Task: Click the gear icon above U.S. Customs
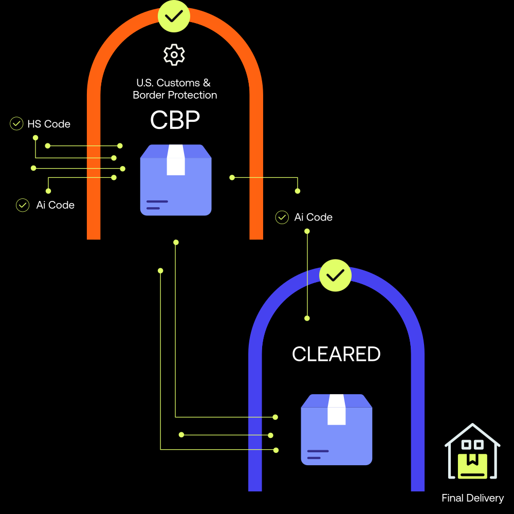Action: [174, 54]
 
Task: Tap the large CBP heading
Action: [175, 120]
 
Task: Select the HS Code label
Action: [49, 124]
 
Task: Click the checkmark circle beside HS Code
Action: [16, 124]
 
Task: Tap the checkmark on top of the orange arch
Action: [174, 16]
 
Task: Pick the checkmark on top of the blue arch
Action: [335, 276]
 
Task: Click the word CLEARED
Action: [336, 354]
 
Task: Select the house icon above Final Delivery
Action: [472, 451]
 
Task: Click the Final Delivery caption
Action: [472, 498]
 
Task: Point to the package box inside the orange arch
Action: [176, 180]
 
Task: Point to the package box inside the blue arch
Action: [336, 430]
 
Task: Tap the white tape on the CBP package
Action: [176, 160]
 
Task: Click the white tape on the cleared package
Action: [336, 410]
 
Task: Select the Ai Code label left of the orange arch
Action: [55, 205]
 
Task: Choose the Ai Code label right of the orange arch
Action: [313, 217]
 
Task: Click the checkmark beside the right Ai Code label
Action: [282, 217]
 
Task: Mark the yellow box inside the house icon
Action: [472, 466]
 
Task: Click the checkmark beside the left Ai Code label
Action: [23, 205]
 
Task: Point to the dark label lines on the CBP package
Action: [157, 205]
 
